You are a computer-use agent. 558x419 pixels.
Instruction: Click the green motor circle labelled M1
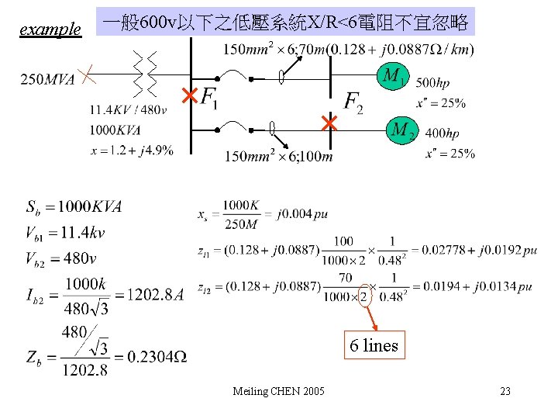pyautogui.click(x=394, y=76)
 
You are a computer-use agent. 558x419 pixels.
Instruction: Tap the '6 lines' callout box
pyautogui.click(x=374, y=345)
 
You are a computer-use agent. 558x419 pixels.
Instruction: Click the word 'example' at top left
pyautogui.click(x=50, y=29)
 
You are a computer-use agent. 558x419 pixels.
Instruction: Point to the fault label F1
pyautogui.click(x=210, y=99)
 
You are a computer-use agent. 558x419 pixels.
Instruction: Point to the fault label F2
pyautogui.click(x=353, y=102)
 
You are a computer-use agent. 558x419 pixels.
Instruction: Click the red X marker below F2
pyautogui.click(x=329, y=123)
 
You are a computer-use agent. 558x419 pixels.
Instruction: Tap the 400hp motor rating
pyautogui.click(x=442, y=134)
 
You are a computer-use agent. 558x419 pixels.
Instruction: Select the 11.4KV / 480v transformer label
pyautogui.click(x=128, y=109)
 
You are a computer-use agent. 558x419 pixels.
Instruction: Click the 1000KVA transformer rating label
pyautogui.click(x=114, y=130)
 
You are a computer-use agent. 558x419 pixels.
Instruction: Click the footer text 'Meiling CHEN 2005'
pyautogui.click(x=279, y=390)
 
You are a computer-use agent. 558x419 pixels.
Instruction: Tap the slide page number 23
pyautogui.click(x=505, y=390)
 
